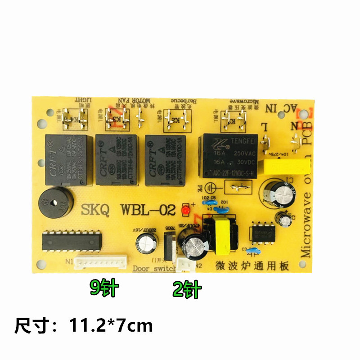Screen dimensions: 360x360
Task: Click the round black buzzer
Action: pos(50,203)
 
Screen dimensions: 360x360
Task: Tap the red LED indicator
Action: pos(184,210)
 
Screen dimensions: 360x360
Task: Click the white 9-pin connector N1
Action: pos(101,262)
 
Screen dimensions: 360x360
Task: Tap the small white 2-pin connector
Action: pos(185,266)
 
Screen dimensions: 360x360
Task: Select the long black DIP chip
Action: pos(72,242)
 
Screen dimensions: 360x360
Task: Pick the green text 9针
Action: pos(103,288)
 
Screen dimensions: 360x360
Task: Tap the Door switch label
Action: pos(154,269)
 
